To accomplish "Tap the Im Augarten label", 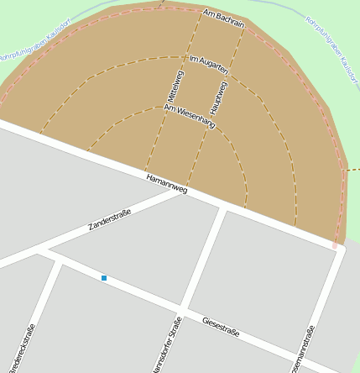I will pos(210,67).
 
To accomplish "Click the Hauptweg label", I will pos(221,96).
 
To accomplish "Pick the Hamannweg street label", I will pos(166,184).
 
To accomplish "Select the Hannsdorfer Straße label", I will pos(166,345).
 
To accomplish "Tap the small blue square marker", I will pos(104,277).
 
